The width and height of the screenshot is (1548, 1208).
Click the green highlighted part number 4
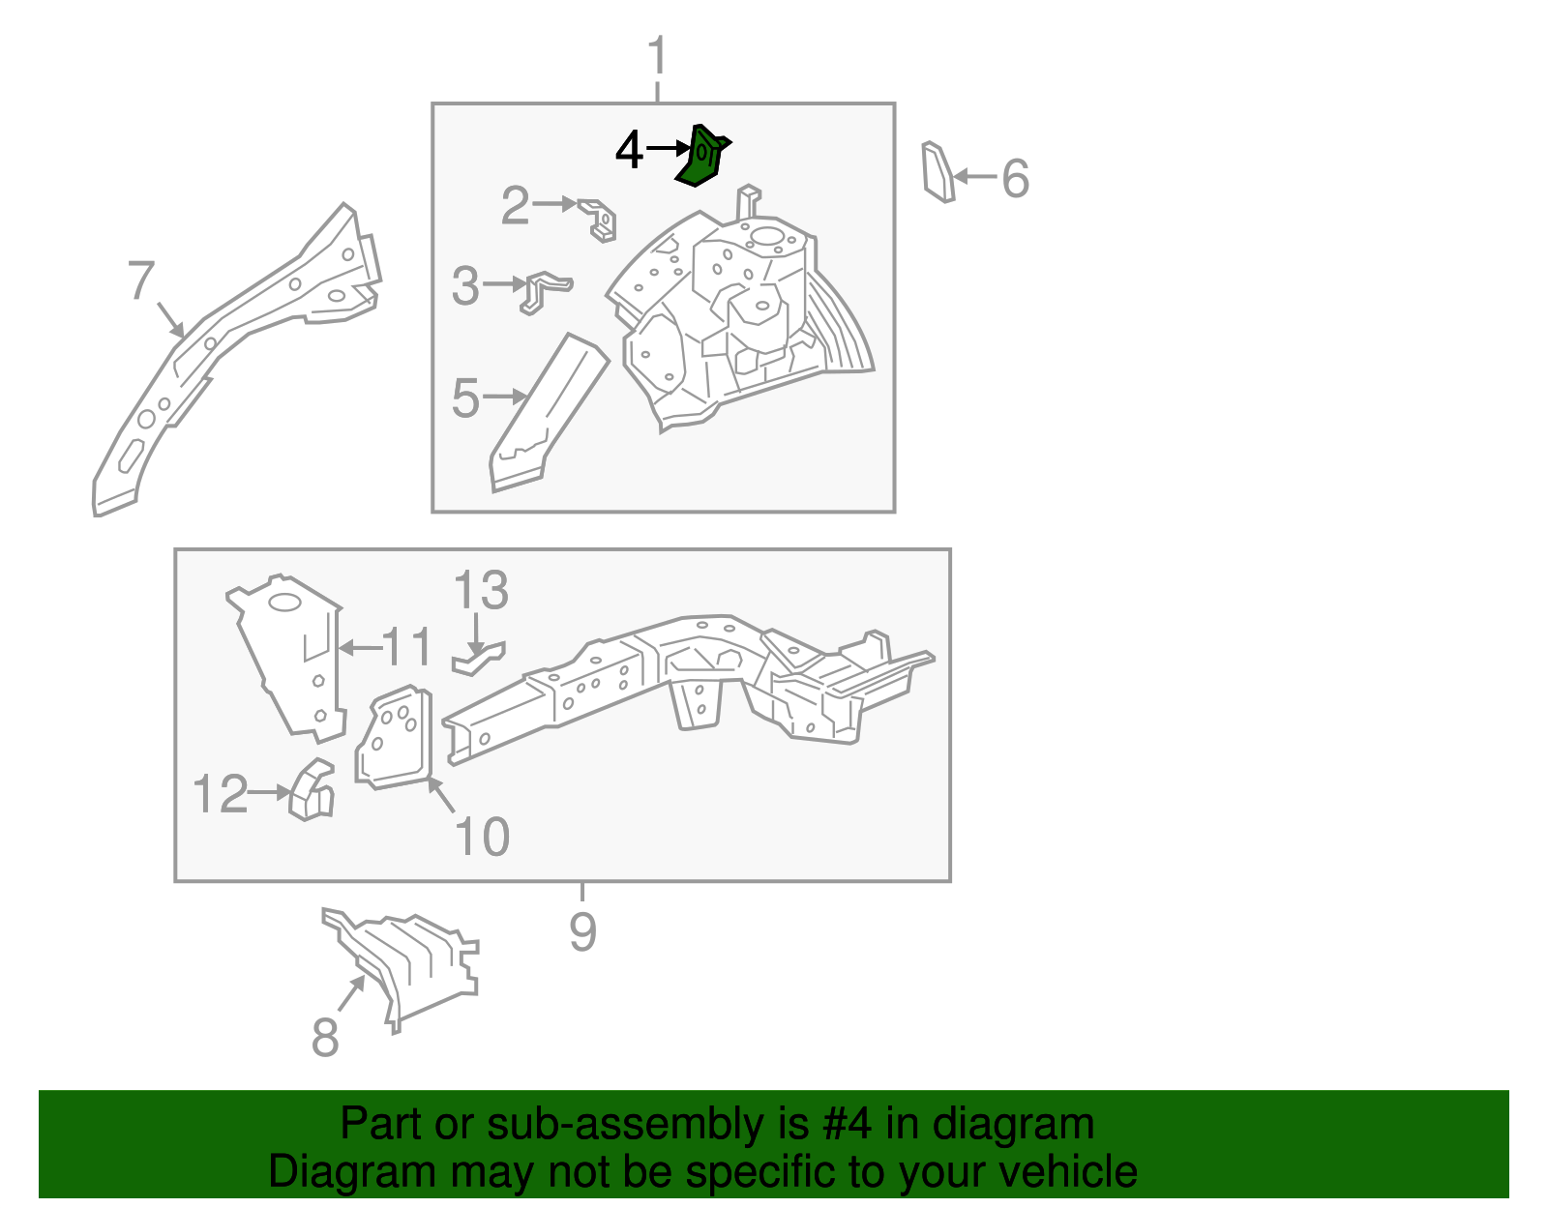pos(701,157)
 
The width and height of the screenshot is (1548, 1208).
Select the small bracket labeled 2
pos(598,220)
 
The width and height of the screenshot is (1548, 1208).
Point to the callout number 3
pos(466,285)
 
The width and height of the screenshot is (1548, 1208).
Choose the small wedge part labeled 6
pos(938,172)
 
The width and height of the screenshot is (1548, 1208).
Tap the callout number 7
pos(140,280)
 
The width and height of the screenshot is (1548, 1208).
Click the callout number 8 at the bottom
pos(325,1037)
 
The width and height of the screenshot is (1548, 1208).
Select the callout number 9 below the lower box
pos(582,931)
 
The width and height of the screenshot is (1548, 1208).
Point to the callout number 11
pos(406,646)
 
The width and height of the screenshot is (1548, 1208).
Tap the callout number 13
pos(481,589)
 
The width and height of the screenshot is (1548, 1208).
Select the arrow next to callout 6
pos(975,176)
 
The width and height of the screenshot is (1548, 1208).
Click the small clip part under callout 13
pos(479,660)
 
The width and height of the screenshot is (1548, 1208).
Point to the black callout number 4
pos(629,150)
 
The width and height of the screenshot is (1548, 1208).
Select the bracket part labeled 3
pos(545,292)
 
